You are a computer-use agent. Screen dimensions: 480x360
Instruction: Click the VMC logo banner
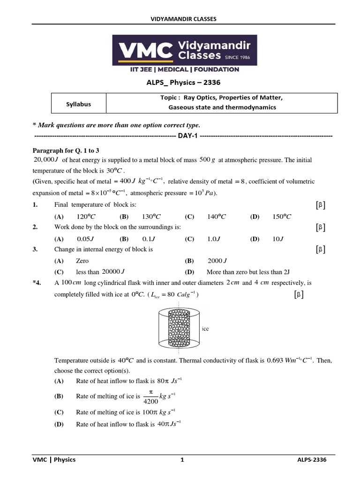pos(184,50)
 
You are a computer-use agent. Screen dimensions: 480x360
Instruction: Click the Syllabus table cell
pos(78,104)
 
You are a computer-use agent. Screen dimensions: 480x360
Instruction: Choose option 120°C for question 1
pos(86,217)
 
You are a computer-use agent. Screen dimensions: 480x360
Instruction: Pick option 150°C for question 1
pos(282,217)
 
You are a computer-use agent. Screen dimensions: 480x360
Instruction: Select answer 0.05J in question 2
pos(83,239)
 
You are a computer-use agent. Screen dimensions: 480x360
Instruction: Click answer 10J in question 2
pos(278,239)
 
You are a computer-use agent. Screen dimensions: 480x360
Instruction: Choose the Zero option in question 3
pos(82,261)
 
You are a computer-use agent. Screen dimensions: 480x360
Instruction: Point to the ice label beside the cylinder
pos(205,329)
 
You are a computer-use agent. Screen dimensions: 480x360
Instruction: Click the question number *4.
pos(37,283)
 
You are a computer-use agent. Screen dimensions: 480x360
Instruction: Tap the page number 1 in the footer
pos(182,460)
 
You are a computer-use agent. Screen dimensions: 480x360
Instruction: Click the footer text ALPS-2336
pos(308,460)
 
